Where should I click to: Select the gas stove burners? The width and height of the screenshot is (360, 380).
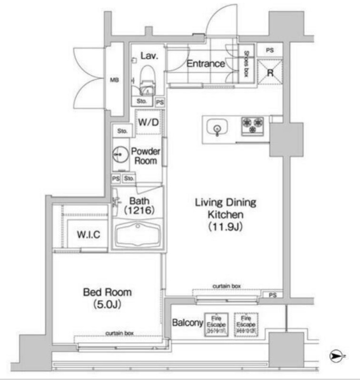[x=252, y=125]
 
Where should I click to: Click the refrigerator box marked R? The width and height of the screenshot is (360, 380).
[x=270, y=73]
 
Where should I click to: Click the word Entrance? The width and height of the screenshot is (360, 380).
[x=205, y=64]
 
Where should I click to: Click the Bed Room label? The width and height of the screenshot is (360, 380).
[x=107, y=293]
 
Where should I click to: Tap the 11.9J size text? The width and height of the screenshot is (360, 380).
[x=225, y=226]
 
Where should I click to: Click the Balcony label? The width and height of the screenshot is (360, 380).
[x=187, y=323]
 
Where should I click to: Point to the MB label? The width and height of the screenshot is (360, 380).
[x=115, y=80]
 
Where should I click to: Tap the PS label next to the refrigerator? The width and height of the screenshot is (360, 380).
[x=270, y=49]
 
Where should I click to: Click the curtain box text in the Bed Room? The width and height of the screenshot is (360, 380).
[x=119, y=333]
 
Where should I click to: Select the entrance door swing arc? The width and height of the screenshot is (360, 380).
[x=224, y=19]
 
